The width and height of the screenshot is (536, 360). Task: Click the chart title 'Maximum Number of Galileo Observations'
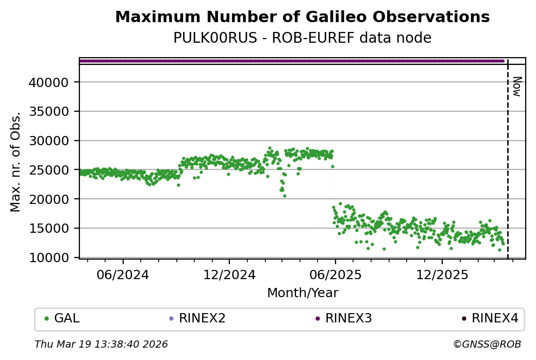(302, 17)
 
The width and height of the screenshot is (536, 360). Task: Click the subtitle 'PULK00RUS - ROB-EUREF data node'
(302, 38)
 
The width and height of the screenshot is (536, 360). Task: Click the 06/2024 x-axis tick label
(123, 275)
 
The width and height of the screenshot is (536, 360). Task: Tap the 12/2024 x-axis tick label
(229, 275)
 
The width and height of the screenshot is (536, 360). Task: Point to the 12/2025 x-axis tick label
(442, 275)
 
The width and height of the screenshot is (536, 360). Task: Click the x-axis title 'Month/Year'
(303, 293)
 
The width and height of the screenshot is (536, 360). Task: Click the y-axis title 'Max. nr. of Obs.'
(15, 161)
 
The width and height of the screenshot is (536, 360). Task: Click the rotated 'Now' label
(517, 86)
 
